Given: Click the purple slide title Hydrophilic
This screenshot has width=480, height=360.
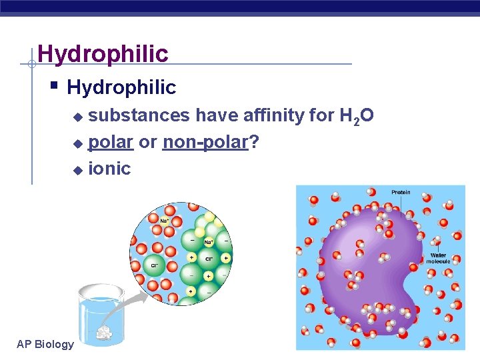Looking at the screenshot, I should [103, 54].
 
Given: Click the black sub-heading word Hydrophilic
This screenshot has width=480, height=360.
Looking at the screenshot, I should [121, 87].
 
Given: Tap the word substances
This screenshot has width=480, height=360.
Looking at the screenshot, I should [139, 116].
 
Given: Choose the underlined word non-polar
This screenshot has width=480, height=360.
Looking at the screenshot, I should [205, 142].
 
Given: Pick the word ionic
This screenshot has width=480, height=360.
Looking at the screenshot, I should [109, 169].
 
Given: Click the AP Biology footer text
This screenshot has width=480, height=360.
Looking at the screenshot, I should [45, 344].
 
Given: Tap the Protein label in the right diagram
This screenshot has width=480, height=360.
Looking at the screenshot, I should [401, 193].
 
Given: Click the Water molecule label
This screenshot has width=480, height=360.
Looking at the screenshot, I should [439, 258].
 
